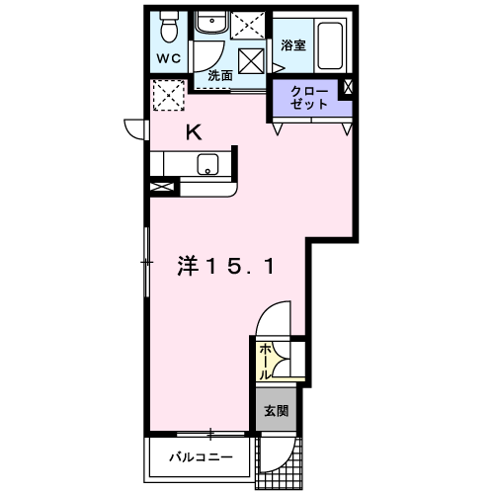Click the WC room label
pyautogui.click(x=169, y=58)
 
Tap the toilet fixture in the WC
pyautogui.click(x=169, y=27)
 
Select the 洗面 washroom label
pyautogui.click(x=220, y=76)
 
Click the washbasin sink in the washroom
pyautogui.click(x=211, y=22)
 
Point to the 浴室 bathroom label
pyautogui.click(x=293, y=45)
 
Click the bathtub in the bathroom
pyautogui.click(x=330, y=45)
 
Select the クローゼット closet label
pyautogui.click(x=309, y=98)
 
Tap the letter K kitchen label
pyautogui.click(x=194, y=133)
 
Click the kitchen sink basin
pyautogui.click(x=207, y=164)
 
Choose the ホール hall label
pyautogui.click(x=265, y=362)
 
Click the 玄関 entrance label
pyautogui.click(x=277, y=411)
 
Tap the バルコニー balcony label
pyautogui.click(x=201, y=457)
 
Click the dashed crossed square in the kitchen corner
pyautogui.click(x=169, y=95)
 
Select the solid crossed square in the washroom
pyautogui.click(x=251, y=61)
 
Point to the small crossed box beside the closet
pyautogui.click(x=348, y=87)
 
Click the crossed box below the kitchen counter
pyautogui.click(x=162, y=187)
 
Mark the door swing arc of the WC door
pyautogui.click(x=215, y=61)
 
